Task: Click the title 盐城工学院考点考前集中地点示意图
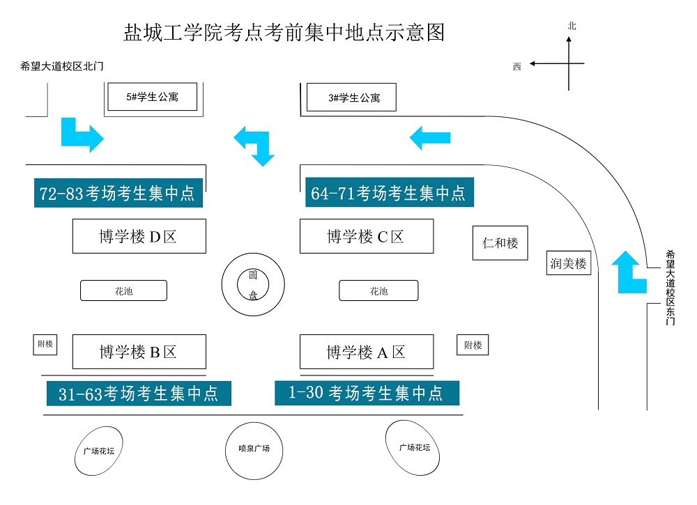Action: coord(284,33)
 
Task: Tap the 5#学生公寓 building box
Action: coord(152,97)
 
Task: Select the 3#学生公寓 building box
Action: coord(353,98)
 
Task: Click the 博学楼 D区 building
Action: coord(139,236)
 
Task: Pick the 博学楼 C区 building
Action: coord(366,236)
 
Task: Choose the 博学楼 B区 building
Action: coord(139,352)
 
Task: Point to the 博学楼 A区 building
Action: coord(366,352)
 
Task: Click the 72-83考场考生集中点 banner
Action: coord(118,193)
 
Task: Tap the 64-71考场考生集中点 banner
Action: coord(389,192)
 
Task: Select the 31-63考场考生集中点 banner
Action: coord(139,394)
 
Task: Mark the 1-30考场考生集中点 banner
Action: coord(367,393)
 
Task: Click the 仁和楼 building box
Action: coord(500,243)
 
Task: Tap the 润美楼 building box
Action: coord(568,264)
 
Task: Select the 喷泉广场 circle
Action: coord(249,449)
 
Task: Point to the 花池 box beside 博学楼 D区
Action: coord(123,290)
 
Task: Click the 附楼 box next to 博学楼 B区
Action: coord(45,344)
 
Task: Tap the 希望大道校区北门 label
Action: coord(62,67)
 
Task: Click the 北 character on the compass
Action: coord(572,26)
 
